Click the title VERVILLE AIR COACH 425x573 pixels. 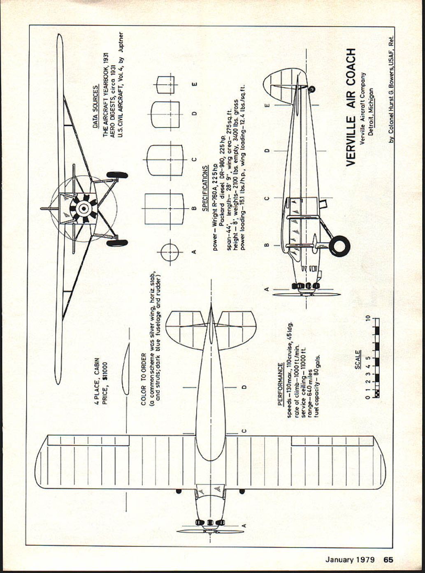pos(351,107)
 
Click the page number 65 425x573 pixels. pos(388,559)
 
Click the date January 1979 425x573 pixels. pos(350,559)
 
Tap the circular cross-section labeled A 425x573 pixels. pos(170,252)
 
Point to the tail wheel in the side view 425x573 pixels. pos(312,89)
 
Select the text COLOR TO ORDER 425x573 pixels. pos(143,378)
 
